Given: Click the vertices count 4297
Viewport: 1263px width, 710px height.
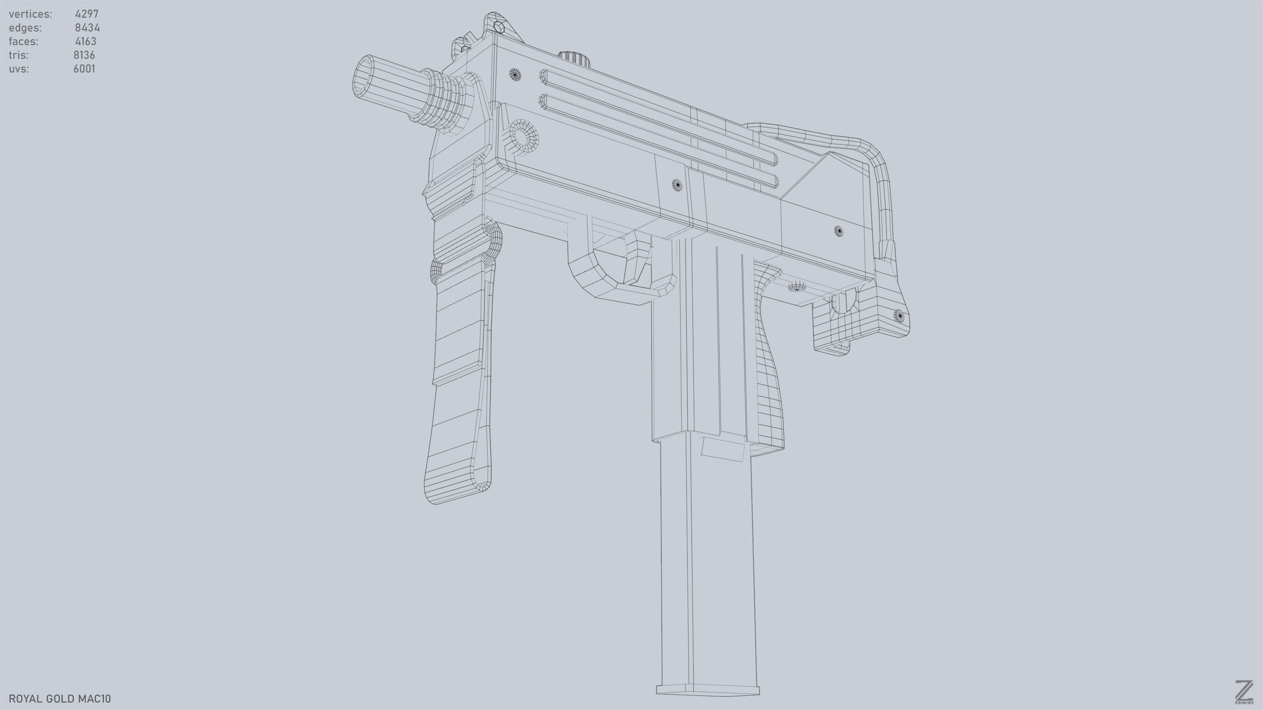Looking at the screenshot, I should click(87, 14).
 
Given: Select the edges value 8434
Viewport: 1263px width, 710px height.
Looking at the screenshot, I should click(87, 28).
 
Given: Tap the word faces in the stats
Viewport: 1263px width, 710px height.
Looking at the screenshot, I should click(24, 42).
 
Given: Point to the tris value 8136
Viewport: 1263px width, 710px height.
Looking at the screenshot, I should click(84, 55).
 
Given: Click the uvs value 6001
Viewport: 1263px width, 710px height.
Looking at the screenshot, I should click(84, 69).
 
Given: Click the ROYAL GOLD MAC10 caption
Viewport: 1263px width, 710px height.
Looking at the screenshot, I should click(60, 699).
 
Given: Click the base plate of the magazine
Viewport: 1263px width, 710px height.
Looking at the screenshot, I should click(707, 690).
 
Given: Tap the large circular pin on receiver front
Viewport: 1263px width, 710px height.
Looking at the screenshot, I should click(524, 136).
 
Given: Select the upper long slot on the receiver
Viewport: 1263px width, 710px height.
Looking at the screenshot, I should click(657, 117).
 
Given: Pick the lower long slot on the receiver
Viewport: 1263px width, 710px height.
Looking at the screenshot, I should click(657, 142).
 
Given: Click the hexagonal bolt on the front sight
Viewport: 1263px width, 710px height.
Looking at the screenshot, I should click(499, 26).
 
